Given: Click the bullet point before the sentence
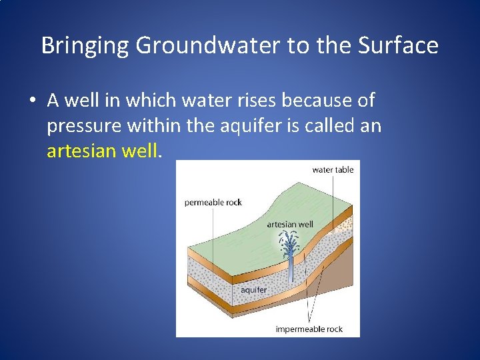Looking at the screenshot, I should pyautogui.click(x=32, y=101).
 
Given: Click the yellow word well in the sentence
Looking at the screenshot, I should pyautogui.click(x=141, y=151).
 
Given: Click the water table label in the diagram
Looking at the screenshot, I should pyautogui.click(x=333, y=170).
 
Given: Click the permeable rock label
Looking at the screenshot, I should pyautogui.click(x=213, y=203).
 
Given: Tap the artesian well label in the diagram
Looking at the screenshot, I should pyautogui.click(x=289, y=225).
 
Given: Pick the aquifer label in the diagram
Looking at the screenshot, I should pyautogui.click(x=253, y=290).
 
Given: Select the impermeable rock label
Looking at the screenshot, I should pyautogui.click(x=309, y=329).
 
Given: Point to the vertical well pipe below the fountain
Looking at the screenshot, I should pyautogui.click(x=291, y=270).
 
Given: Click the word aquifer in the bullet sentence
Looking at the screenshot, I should pyautogui.click(x=253, y=127).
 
